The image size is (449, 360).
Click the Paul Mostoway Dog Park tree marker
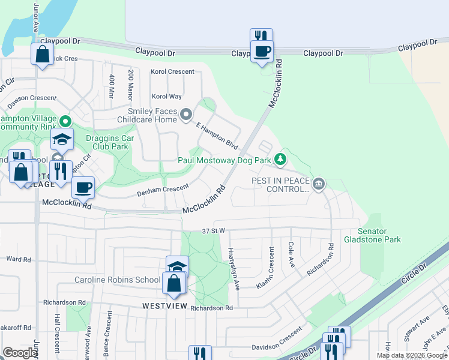pyautogui.click(x=279, y=160)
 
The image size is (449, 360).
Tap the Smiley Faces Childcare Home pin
pyautogui.click(x=187, y=113)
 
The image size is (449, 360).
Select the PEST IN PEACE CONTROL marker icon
pyautogui.click(x=319, y=183)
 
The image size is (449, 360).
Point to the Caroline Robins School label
pyautogui.click(x=118, y=280)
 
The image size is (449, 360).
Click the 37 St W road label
pyautogui.click(x=213, y=230)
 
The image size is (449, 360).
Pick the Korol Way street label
pyautogui.click(x=166, y=96)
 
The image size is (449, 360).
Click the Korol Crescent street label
pyautogui.click(x=173, y=71)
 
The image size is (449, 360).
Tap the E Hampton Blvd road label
pyautogui.click(x=217, y=136)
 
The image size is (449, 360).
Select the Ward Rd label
pyautogui.click(x=18, y=259)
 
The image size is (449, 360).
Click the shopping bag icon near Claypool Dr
pyautogui.click(x=43, y=55)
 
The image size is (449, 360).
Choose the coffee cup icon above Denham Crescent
pyautogui.click(x=83, y=188)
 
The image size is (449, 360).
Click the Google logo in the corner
pyautogui.click(x=19, y=353)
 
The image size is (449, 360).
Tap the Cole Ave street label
pyautogui.click(x=291, y=255)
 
